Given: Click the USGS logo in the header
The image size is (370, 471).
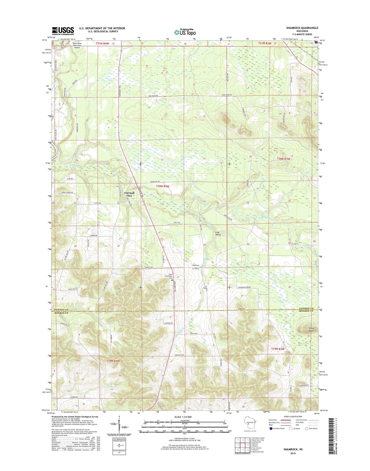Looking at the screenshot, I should point(63,31).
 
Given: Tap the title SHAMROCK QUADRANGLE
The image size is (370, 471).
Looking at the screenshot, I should point(302,28).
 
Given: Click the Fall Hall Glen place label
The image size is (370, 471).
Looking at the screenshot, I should point(129,194).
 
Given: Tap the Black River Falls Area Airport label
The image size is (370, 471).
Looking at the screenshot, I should point(77,45).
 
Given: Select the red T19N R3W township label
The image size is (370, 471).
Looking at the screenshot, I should point(278,349).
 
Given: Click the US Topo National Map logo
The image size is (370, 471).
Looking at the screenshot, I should point(185,32).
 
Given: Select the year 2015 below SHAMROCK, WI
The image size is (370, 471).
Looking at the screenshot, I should point(293,453).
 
